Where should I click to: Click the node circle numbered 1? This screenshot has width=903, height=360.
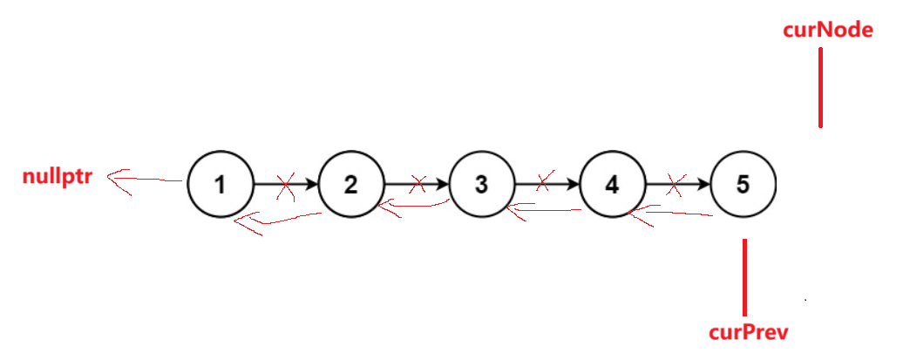coord(220,185)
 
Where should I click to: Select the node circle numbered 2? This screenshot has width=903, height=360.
coord(350,185)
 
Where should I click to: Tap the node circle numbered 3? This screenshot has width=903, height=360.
coord(481,185)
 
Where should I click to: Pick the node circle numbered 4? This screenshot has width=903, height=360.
coord(612,185)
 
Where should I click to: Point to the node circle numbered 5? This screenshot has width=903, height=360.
coord(743,185)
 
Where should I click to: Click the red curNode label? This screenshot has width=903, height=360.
coord(828,30)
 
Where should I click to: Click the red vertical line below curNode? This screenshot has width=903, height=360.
coord(820,87)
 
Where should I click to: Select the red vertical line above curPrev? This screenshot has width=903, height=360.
coord(744,277)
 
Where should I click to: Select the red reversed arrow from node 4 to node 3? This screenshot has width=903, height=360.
coord(545,209)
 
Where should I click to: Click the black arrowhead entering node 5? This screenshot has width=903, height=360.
coord(704,185)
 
